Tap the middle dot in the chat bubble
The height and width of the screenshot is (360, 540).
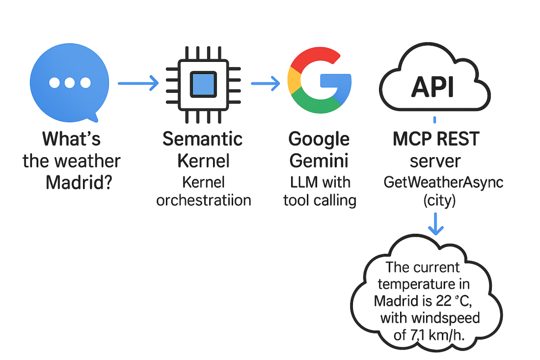pos(70,83)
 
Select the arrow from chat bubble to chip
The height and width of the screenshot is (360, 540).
pos(138,83)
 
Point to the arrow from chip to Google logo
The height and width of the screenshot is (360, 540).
pos(265,83)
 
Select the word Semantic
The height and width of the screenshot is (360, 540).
pos(203,139)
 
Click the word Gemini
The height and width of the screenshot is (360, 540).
pos(319,161)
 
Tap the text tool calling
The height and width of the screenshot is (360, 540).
pos(320,201)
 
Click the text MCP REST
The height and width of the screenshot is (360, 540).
pos(435,139)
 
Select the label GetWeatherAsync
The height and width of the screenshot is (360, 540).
pos(443,183)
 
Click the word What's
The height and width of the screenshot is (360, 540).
pos(72,139)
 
